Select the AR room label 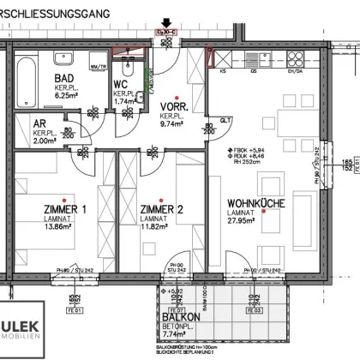click(x=39, y=123)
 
